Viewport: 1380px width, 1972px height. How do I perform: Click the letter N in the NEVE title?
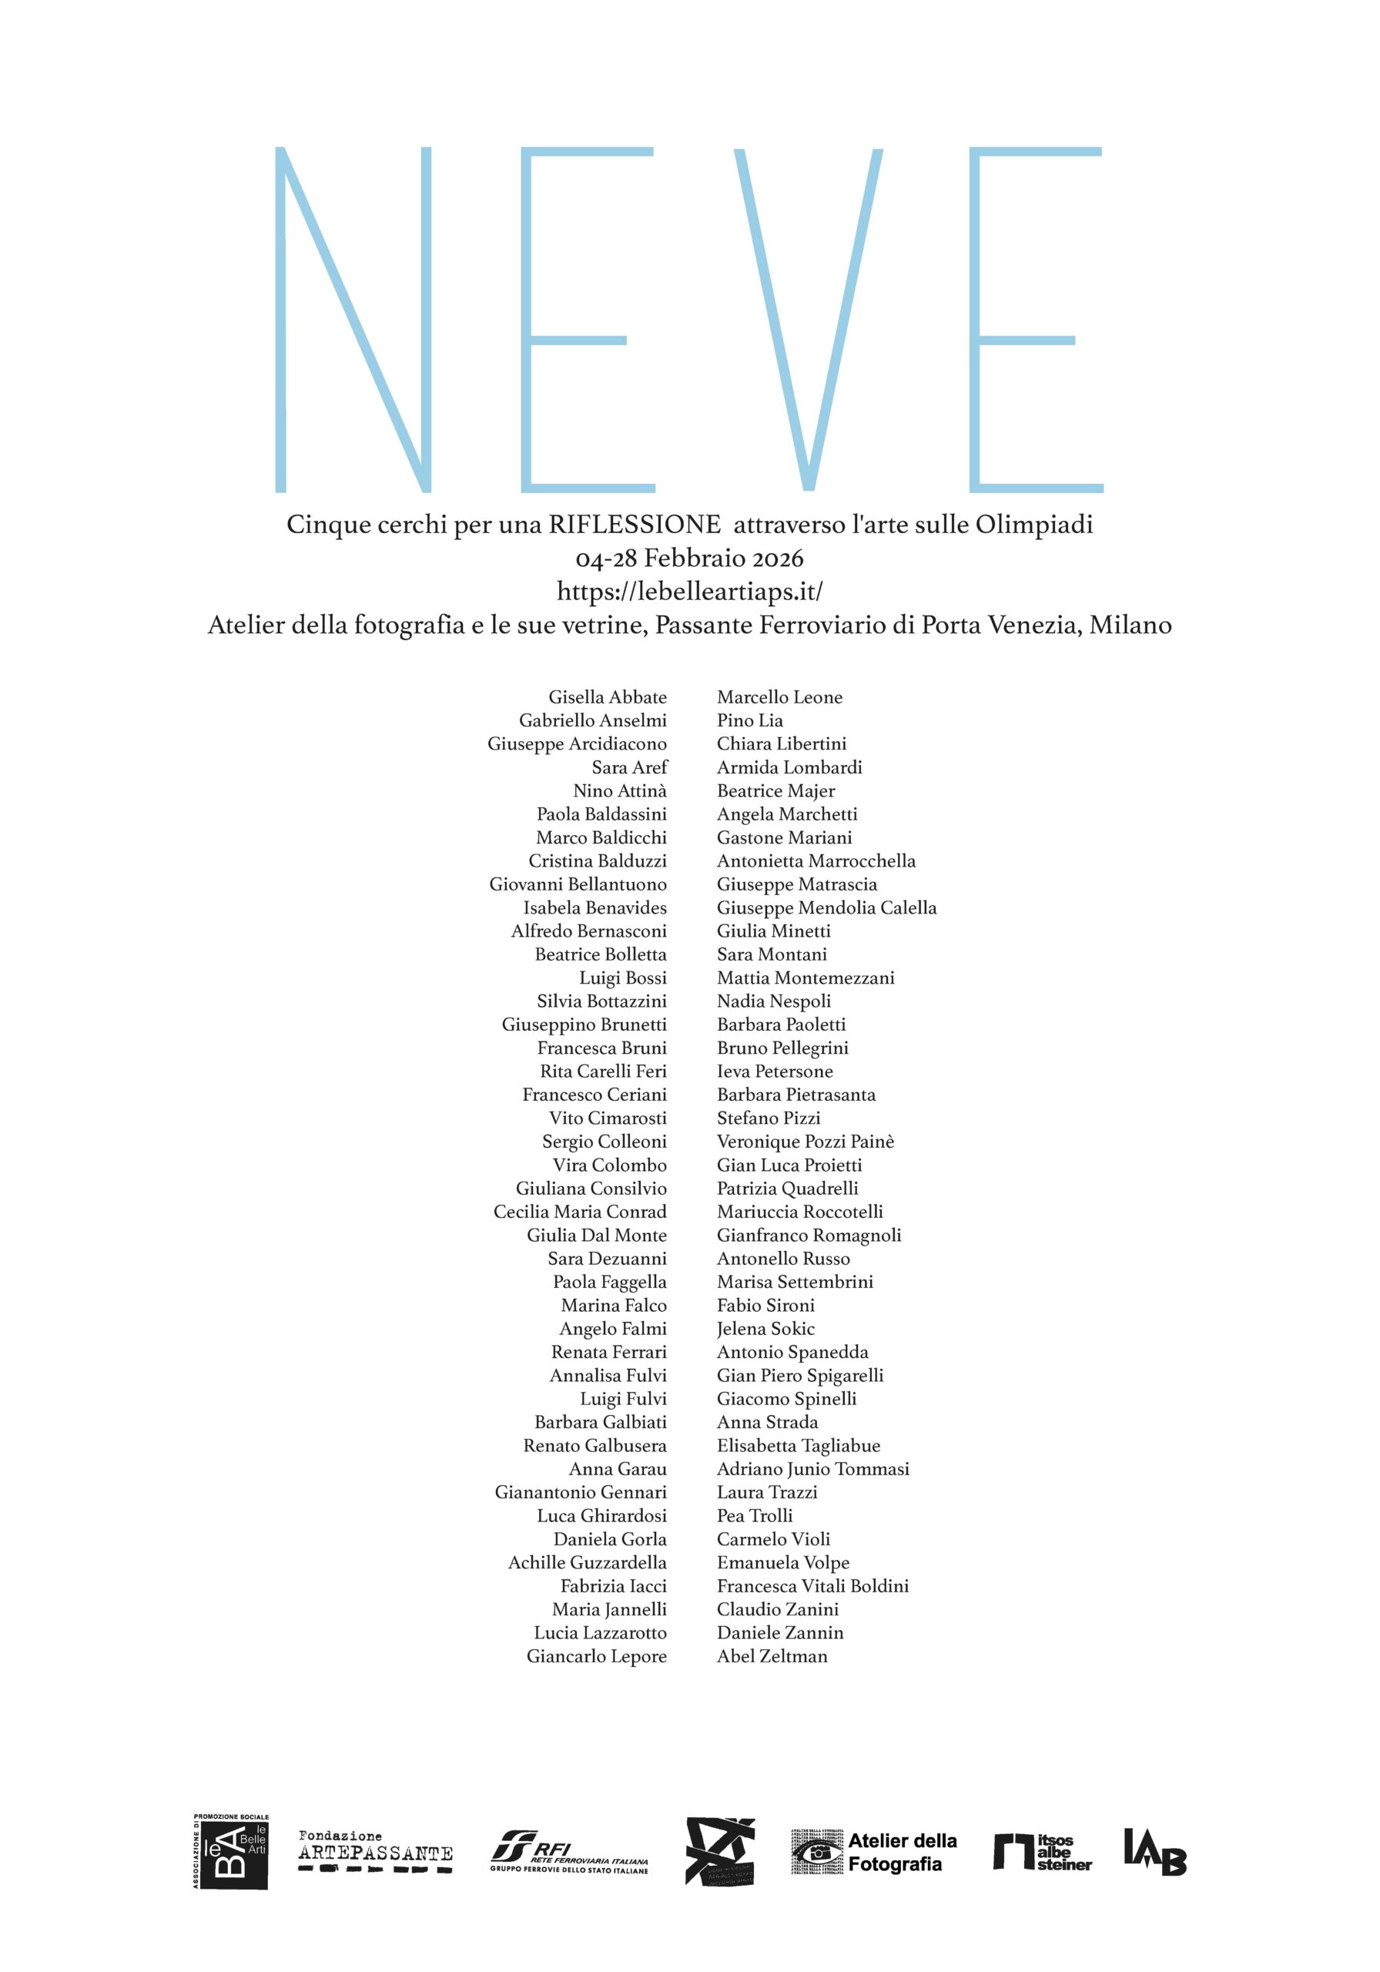click(352, 320)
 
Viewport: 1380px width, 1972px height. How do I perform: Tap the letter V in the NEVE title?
click(807, 320)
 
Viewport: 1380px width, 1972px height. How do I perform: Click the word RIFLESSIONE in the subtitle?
click(635, 524)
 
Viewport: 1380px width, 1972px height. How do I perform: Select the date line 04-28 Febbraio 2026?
click(689, 558)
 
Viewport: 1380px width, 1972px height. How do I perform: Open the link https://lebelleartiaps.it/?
click(689, 592)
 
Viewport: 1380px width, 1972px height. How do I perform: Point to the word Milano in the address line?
click(1130, 625)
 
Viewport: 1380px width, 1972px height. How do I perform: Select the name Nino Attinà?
click(619, 791)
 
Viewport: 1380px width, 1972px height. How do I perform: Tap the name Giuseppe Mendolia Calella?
click(826, 908)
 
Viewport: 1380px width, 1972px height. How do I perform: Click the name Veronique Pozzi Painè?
click(805, 1142)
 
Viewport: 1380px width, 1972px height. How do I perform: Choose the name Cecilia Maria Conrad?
click(580, 1212)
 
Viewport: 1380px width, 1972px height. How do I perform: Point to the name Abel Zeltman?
click(772, 1656)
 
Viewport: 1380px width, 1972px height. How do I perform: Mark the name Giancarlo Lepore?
click(596, 1656)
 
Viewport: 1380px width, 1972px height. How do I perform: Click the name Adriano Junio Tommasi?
click(812, 1469)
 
